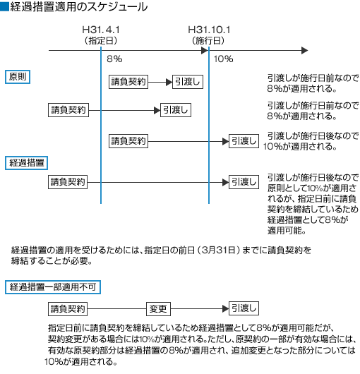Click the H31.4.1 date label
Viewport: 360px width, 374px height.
tap(101, 30)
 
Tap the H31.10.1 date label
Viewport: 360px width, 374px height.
tap(209, 30)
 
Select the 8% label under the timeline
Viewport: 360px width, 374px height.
tap(114, 59)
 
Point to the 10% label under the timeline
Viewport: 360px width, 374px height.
tap(223, 59)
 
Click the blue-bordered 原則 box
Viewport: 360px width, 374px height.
tap(18, 77)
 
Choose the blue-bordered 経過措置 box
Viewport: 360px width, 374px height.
tap(27, 163)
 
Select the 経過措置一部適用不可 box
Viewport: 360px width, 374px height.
tap(53, 287)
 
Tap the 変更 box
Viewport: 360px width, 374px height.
tap(158, 309)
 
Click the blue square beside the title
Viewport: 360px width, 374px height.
tap(4, 6)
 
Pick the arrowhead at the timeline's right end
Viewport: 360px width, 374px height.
tap(305, 51)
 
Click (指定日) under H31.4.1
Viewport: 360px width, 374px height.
tap(101, 40)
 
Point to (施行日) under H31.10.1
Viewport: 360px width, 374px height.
tap(208, 40)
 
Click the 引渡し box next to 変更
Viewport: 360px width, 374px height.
tap(244, 308)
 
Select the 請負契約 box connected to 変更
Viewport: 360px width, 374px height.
tap(68, 309)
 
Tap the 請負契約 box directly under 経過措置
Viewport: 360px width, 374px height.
tap(68, 182)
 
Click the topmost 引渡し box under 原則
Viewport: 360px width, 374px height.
tap(188, 82)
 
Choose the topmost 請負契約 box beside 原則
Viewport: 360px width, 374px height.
tap(128, 82)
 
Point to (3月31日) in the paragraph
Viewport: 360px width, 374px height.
tap(218, 251)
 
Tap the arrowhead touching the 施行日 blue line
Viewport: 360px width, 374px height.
tap(205, 51)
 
